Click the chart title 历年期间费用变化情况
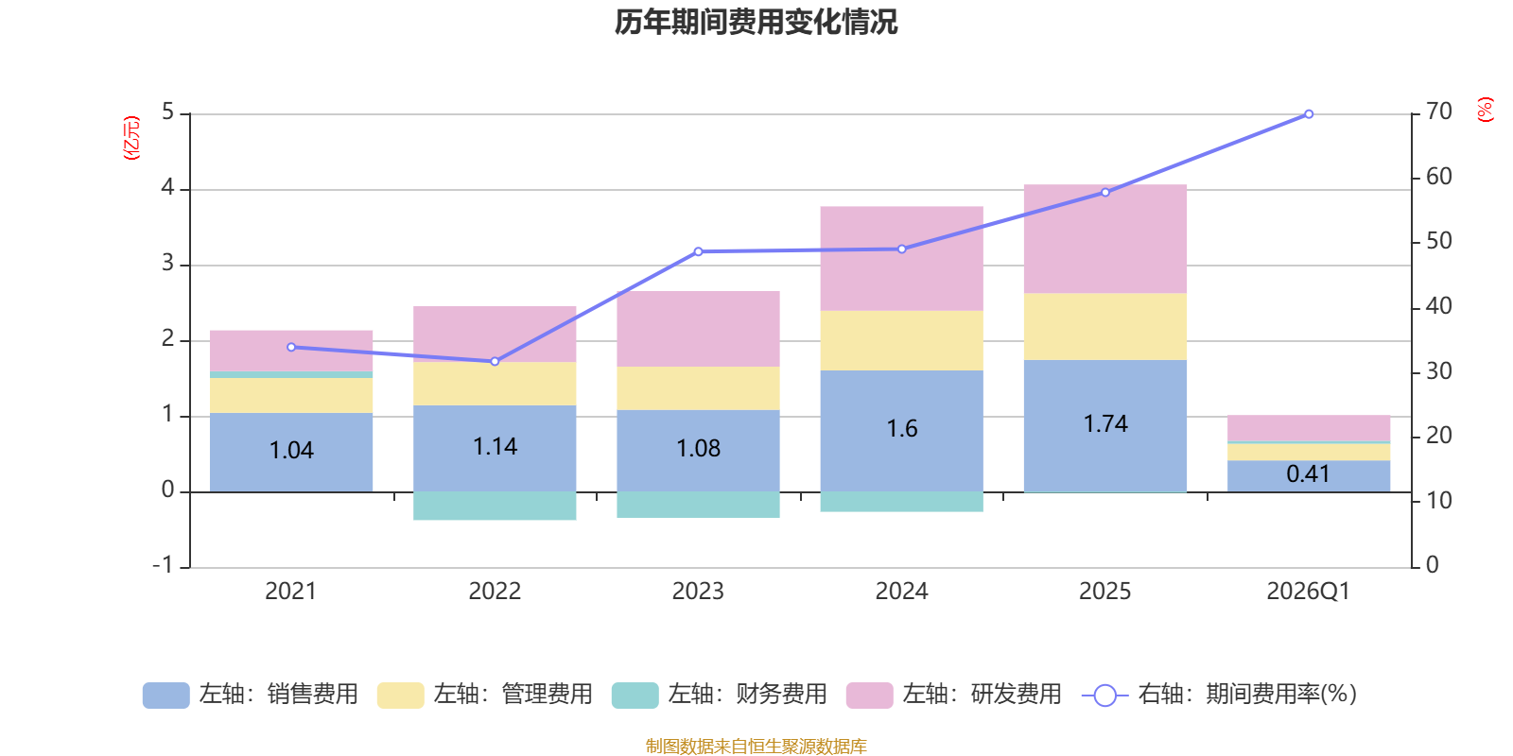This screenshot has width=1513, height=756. (x=756, y=22)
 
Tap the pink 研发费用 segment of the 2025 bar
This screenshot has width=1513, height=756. (x=1104, y=238)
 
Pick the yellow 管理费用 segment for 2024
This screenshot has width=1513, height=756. (x=901, y=340)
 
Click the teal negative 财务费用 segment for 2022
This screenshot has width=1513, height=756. (x=495, y=507)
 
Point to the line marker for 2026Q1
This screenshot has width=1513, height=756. (x=1309, y=114)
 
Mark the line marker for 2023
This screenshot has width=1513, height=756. (x=698, y=251)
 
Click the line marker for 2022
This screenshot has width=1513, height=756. (x=495, y=361)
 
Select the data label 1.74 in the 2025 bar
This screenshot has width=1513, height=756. (x=1104, y=424)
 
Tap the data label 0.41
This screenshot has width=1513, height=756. (x=1308, y=474)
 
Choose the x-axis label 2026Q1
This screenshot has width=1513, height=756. (x=1308, y=592)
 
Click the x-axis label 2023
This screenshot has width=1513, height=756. (x=698, y=592)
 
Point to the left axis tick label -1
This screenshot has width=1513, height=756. (x=164, y=565)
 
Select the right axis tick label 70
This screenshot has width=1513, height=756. (x=1438, y=112)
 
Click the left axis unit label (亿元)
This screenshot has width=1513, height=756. (x=131, y=138)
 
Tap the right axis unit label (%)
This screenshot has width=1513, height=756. (x=1485, y=110)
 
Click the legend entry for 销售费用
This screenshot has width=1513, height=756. (x=251, y=695)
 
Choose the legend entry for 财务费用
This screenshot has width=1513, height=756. (x=720, y=695)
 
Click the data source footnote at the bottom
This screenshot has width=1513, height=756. (x=756, y=747)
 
